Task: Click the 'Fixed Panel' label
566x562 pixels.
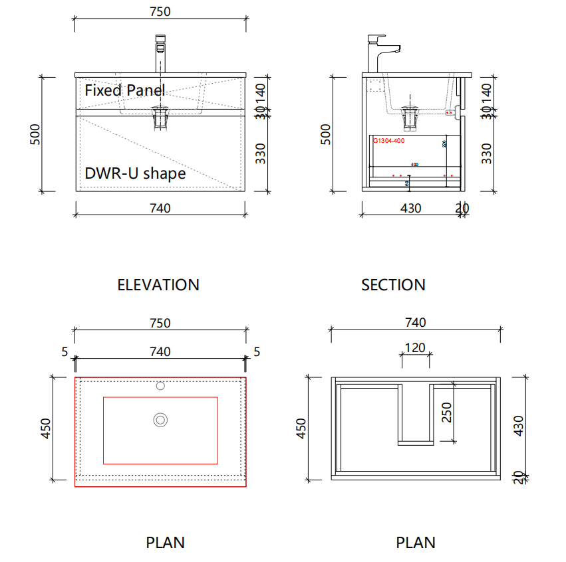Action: click(x=124, y=90)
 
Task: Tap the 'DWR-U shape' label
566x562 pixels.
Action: click(x=135, y=173)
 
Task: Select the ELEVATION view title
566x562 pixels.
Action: click(x=158, y=285)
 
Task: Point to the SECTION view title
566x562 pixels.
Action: click(x=393, y=285)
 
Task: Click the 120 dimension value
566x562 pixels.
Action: click(x=415, y=348)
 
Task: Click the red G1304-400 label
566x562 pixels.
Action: click(x=388, y=141)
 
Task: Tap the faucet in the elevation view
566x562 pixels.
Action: click(x=160, y=53)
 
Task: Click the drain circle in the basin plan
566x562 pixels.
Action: click(x=160, y=419)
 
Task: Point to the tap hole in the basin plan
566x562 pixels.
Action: click(x=160, y=385)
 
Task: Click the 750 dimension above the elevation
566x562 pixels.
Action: click(x=160, y=11)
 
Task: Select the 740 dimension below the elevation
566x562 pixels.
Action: click(x=160, y=208)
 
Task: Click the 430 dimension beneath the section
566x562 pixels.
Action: click(x=410, y=208)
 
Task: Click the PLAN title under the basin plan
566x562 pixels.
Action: click(x=165, y=543)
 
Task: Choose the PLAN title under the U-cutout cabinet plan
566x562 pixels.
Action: click(x=416, y=543)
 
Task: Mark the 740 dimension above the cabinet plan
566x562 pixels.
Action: click(x=415, y=323)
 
